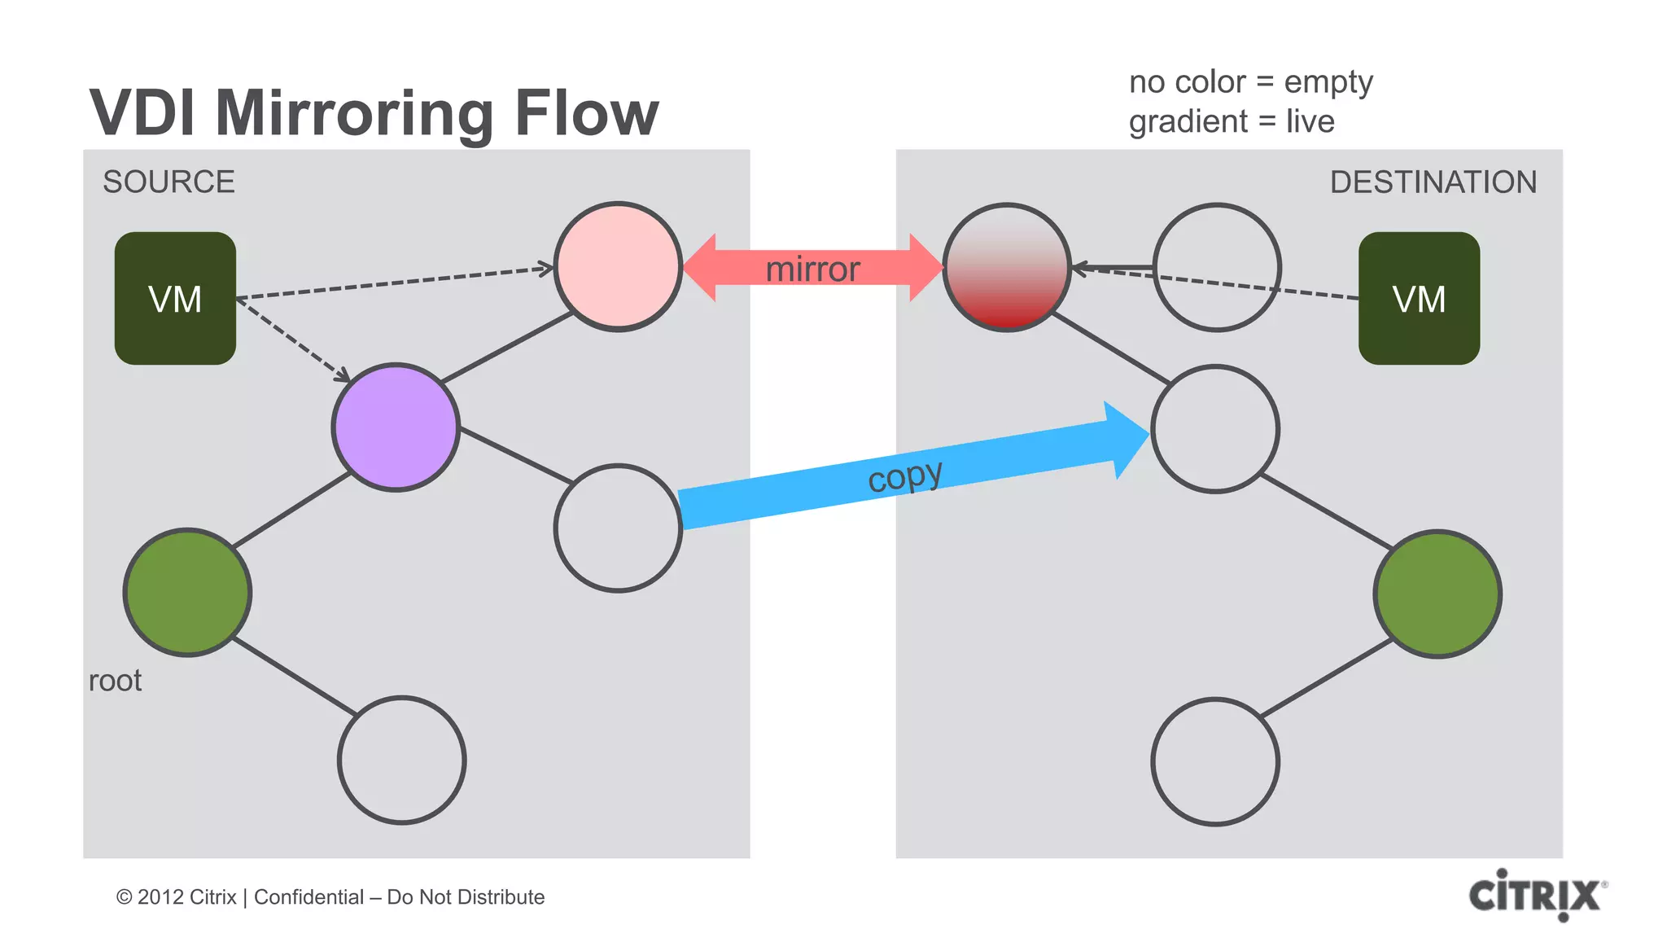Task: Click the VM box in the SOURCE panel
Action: tap(175, 298)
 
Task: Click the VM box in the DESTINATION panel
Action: tap(1419, 298)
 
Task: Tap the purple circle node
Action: tap(396, 427)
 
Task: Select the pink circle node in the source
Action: tap(618, 266)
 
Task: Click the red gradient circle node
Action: tap(1007, 267)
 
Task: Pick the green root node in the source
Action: tap(187, 592)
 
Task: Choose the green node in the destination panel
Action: tap(1437, 594)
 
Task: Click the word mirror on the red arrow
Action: tap(812, 270)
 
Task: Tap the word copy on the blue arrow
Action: tap(905, 476)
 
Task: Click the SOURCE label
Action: tap(168, 182)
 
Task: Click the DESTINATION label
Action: tap(1433, 182)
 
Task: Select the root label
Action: tap(115, 681)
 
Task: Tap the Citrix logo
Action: tap(1536, 895)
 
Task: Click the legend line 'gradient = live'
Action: tap(1231, 121)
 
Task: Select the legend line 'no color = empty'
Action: tap(1250, 82)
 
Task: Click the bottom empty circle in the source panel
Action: tap(401, 760)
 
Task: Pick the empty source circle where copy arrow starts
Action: tap(618, 528)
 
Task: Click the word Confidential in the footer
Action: tap(308, 897)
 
